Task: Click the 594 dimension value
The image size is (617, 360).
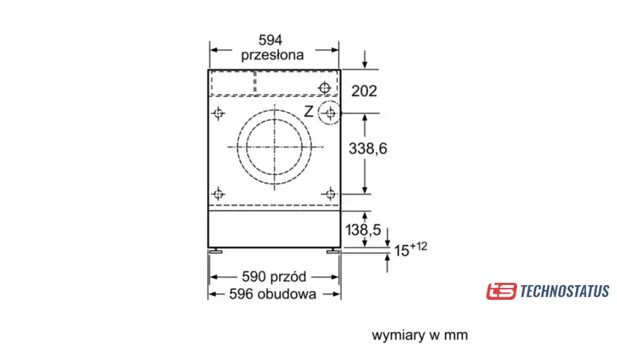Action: (270, 40)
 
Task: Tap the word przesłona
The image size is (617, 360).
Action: (273, 55)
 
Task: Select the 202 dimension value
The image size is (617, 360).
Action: (364, 91)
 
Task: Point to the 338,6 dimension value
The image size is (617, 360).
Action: (368, 148)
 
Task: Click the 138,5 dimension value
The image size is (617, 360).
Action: (363, 230)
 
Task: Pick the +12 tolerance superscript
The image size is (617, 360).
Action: (418, 246)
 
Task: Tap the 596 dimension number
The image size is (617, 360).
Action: (241, 294)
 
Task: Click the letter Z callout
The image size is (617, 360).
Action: (309, 112)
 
